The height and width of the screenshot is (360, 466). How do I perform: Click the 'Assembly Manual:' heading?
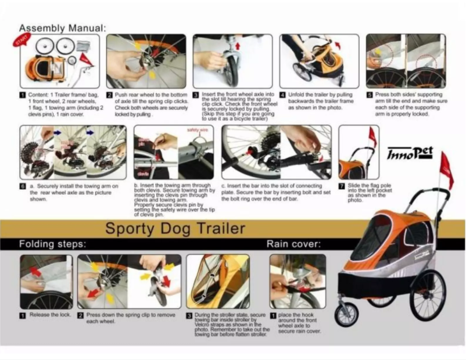(63, 28)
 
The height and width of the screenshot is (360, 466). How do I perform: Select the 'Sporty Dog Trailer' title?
(175, 228)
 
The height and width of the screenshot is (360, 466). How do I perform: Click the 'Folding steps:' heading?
(53, 244)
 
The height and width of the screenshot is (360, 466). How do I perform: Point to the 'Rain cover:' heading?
(293, 244)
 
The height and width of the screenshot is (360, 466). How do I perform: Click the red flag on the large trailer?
(446, 170)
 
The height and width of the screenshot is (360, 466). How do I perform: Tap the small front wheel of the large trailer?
(347, 314)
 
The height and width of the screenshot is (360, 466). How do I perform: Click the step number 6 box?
(22, 187)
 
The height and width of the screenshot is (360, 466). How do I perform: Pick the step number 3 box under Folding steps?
(189, 315)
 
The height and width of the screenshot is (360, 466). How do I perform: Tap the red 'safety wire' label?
(198, 130)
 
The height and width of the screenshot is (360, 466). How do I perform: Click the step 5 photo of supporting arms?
(406, 60)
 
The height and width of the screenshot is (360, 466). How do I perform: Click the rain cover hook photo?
(297, 281)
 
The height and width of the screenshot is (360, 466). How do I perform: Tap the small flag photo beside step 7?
(359, 152)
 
